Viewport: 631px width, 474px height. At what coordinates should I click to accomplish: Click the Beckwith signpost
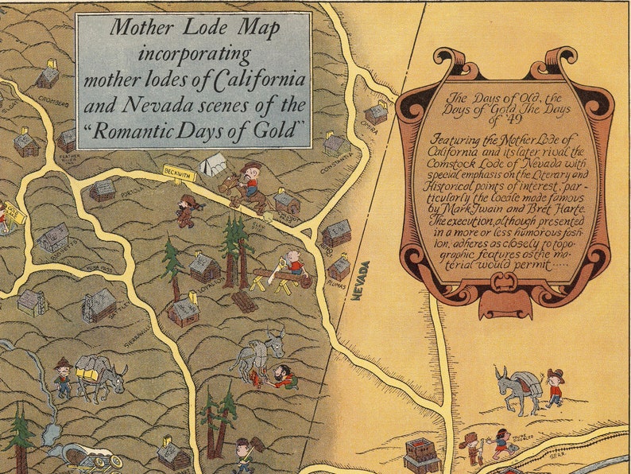pos(179,172)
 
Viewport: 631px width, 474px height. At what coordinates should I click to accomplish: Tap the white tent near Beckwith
pos(214,165)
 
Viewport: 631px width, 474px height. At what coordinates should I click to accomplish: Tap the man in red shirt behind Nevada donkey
pos(553,387)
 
